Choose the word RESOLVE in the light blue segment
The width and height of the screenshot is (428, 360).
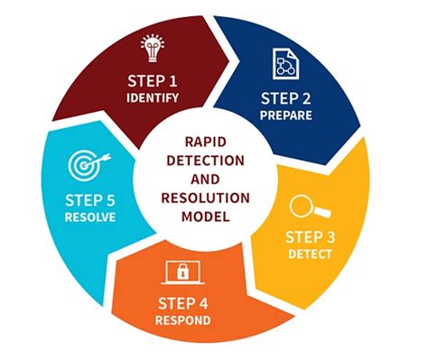point(90,217)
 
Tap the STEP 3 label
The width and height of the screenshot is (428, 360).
point(309,237)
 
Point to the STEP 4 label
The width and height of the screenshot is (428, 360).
point(184,303)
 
